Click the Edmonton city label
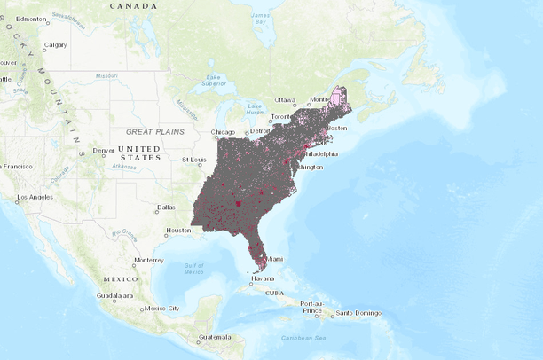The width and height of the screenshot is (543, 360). pos(31,18)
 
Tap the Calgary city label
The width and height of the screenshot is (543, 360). pos(55,45)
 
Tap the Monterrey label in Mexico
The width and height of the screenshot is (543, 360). pos(148,261)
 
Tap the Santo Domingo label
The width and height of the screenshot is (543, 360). pos(357,313)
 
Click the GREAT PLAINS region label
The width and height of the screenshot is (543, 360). pos(154,131)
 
